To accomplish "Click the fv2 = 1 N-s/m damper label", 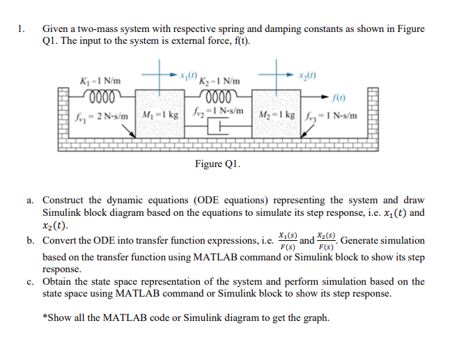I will click(220, 111).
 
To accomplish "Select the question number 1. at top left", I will click(23, 29).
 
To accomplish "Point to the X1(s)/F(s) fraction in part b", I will click(286, 241).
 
